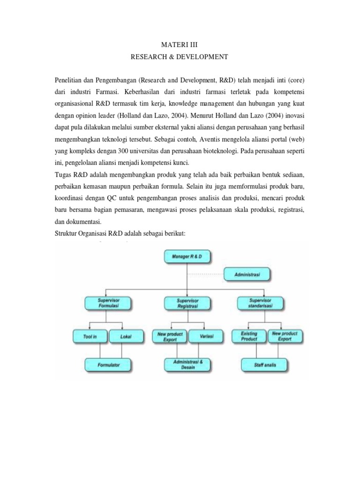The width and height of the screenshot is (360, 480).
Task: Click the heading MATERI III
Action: [x=180, y=45]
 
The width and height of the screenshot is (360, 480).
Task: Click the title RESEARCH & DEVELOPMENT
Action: [x=180, y=57]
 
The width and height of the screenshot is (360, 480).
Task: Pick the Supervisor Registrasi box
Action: [x=188, y=302]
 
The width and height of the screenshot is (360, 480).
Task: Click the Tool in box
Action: [x=91, y=336]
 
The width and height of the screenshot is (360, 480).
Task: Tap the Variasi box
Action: [x=205, y=336]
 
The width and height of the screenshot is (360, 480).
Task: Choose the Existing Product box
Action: [x=249, y=336]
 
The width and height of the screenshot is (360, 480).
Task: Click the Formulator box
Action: [x=108, y=364]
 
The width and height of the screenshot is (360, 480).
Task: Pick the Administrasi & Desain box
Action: [x=188, y=365]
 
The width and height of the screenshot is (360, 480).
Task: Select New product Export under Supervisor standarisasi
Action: [x=285, y=336]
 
